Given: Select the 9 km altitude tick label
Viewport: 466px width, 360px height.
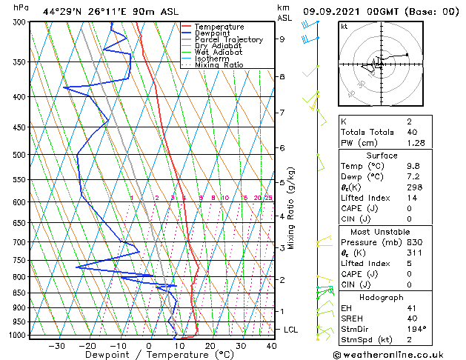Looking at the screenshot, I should pos(282,39).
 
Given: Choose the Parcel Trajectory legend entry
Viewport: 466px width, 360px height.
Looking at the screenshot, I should pos(228,40).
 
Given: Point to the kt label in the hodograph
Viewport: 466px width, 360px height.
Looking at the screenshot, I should pos(344,26).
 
